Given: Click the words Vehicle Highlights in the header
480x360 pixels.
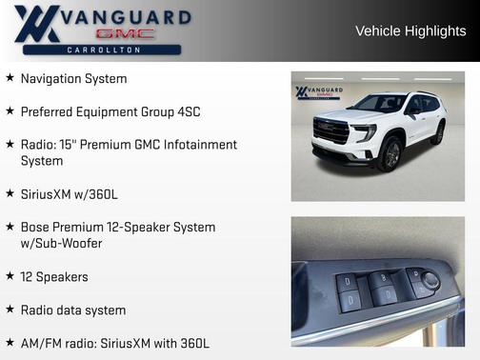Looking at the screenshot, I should click(x=410, y=31).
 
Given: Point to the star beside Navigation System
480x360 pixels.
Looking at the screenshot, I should click(x=10, y=78).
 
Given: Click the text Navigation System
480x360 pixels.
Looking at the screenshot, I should click(x=73, y=79).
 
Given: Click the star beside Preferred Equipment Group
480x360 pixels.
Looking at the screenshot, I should click(x=10, y=111).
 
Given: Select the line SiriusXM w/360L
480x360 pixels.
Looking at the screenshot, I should click(x=69, y=194).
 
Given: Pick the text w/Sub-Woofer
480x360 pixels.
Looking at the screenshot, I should click(x=61, y=244).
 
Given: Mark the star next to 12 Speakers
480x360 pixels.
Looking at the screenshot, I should click(x=10, y=276).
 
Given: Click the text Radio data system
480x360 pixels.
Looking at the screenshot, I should click(x=72, y=310).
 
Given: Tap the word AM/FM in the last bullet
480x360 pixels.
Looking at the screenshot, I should click(x=40, y=343).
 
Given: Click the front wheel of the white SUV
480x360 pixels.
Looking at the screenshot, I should click(x=389, y=152).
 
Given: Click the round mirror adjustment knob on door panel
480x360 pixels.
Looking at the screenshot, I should click(x=431, y=280).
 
